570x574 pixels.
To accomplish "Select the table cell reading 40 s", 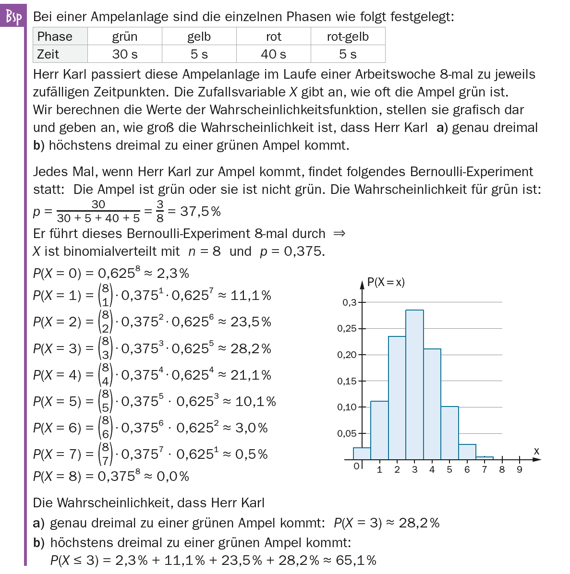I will pos(273,54).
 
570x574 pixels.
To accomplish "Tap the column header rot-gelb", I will pos(348,36).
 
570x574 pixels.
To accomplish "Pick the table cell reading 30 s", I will pos(124,54).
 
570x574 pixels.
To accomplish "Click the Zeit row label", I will pos(48,54).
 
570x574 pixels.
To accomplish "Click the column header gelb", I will pos(199,36).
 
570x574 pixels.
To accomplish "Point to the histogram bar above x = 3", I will pos(414,384).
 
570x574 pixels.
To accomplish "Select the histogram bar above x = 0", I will pos(362,454).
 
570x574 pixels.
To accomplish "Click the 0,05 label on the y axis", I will pos(346,434).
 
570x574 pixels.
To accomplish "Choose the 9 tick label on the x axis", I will pos(519,469).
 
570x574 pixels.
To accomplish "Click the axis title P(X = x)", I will pos(386,282).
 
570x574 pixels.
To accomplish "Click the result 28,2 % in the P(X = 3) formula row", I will pos(251,348).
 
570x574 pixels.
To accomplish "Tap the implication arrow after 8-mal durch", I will pos(339,234).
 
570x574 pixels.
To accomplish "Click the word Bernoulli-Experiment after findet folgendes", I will pos(472,172).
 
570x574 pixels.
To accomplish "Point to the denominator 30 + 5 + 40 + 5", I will pos(98,218).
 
